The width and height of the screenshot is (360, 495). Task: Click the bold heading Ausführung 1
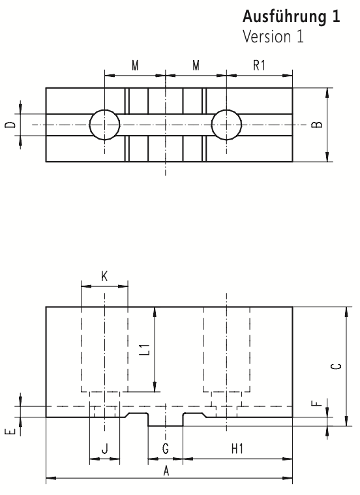click(291, 17)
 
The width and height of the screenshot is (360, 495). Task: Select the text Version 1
click(273, 37)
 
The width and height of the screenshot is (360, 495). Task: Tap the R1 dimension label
click(259, 65)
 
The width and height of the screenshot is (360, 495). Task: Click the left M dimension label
click(135, 66)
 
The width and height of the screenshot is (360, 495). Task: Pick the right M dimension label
click(196, 66)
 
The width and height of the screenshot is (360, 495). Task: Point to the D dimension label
click(10, 125)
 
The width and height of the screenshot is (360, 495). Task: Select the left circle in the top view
click(105, 125)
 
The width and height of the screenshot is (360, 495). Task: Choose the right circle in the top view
click(226, 125)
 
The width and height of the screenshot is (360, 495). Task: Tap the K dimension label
click(104, 277)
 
